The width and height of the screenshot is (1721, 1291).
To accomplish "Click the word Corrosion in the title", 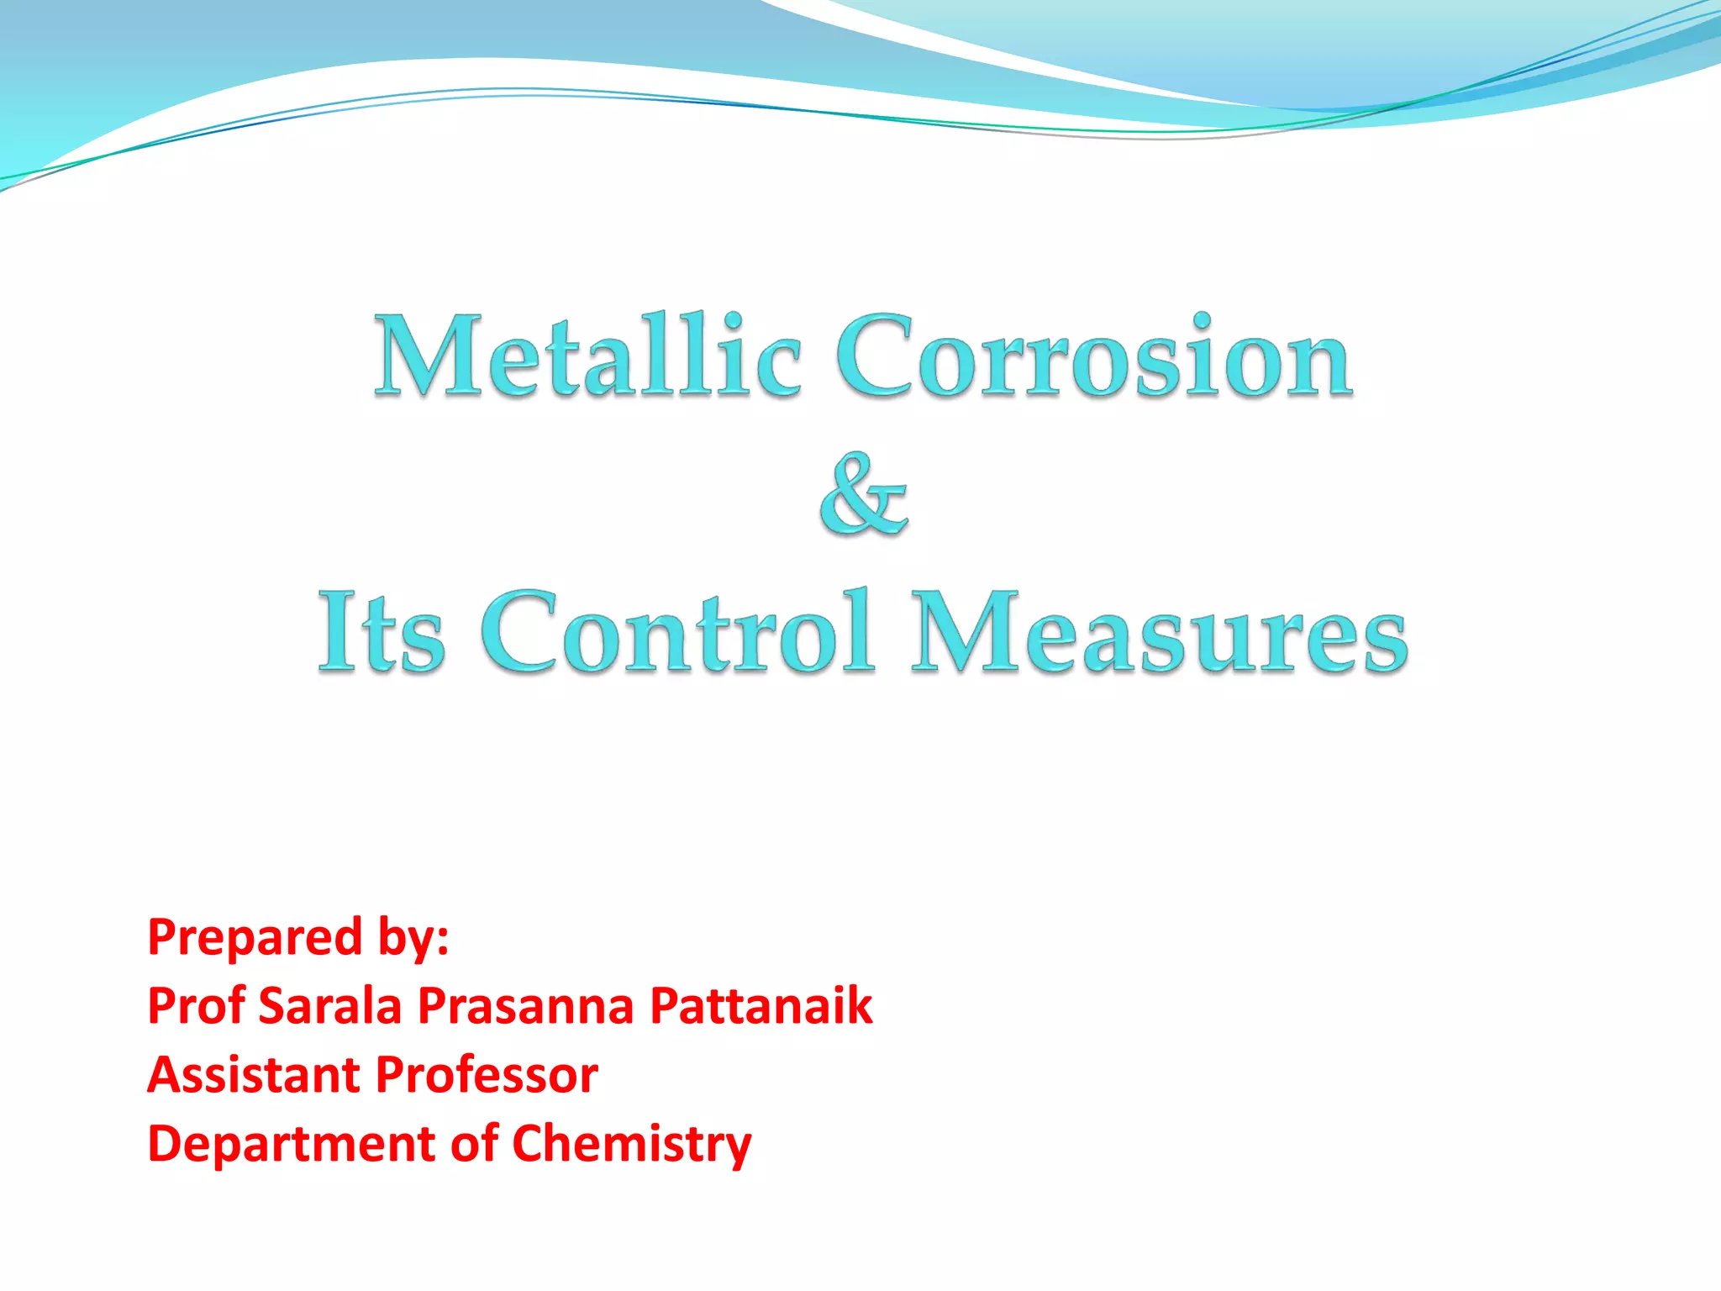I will click(x=1093, y=357).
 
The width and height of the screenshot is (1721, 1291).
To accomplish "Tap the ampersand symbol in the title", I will click(x=864, y=496).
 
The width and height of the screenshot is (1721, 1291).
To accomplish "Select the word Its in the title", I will click(x=381, y=632).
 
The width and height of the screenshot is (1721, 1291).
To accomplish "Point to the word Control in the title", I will click(x=677, y=632).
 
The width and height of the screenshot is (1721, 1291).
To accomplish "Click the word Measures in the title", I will click(x=1160, y=632).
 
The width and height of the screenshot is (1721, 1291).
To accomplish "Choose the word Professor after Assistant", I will click(x=487, y=1075).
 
